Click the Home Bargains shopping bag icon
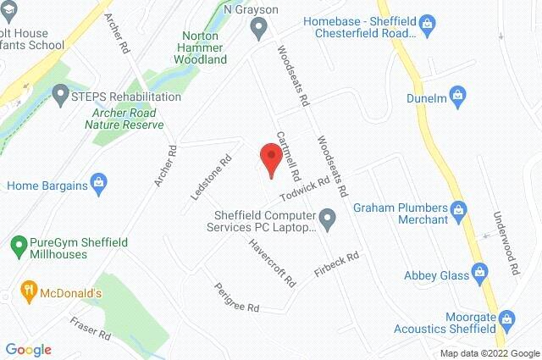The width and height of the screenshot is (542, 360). click(98, 181)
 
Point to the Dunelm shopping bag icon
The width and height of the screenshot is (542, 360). click(456, 93)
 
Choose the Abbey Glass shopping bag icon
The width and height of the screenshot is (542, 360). click(479, 272)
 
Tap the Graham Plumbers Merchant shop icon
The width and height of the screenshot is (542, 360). click(459, 208)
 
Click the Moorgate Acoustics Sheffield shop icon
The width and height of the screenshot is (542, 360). click(507, 318)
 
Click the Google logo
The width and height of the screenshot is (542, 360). click(28, 349)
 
